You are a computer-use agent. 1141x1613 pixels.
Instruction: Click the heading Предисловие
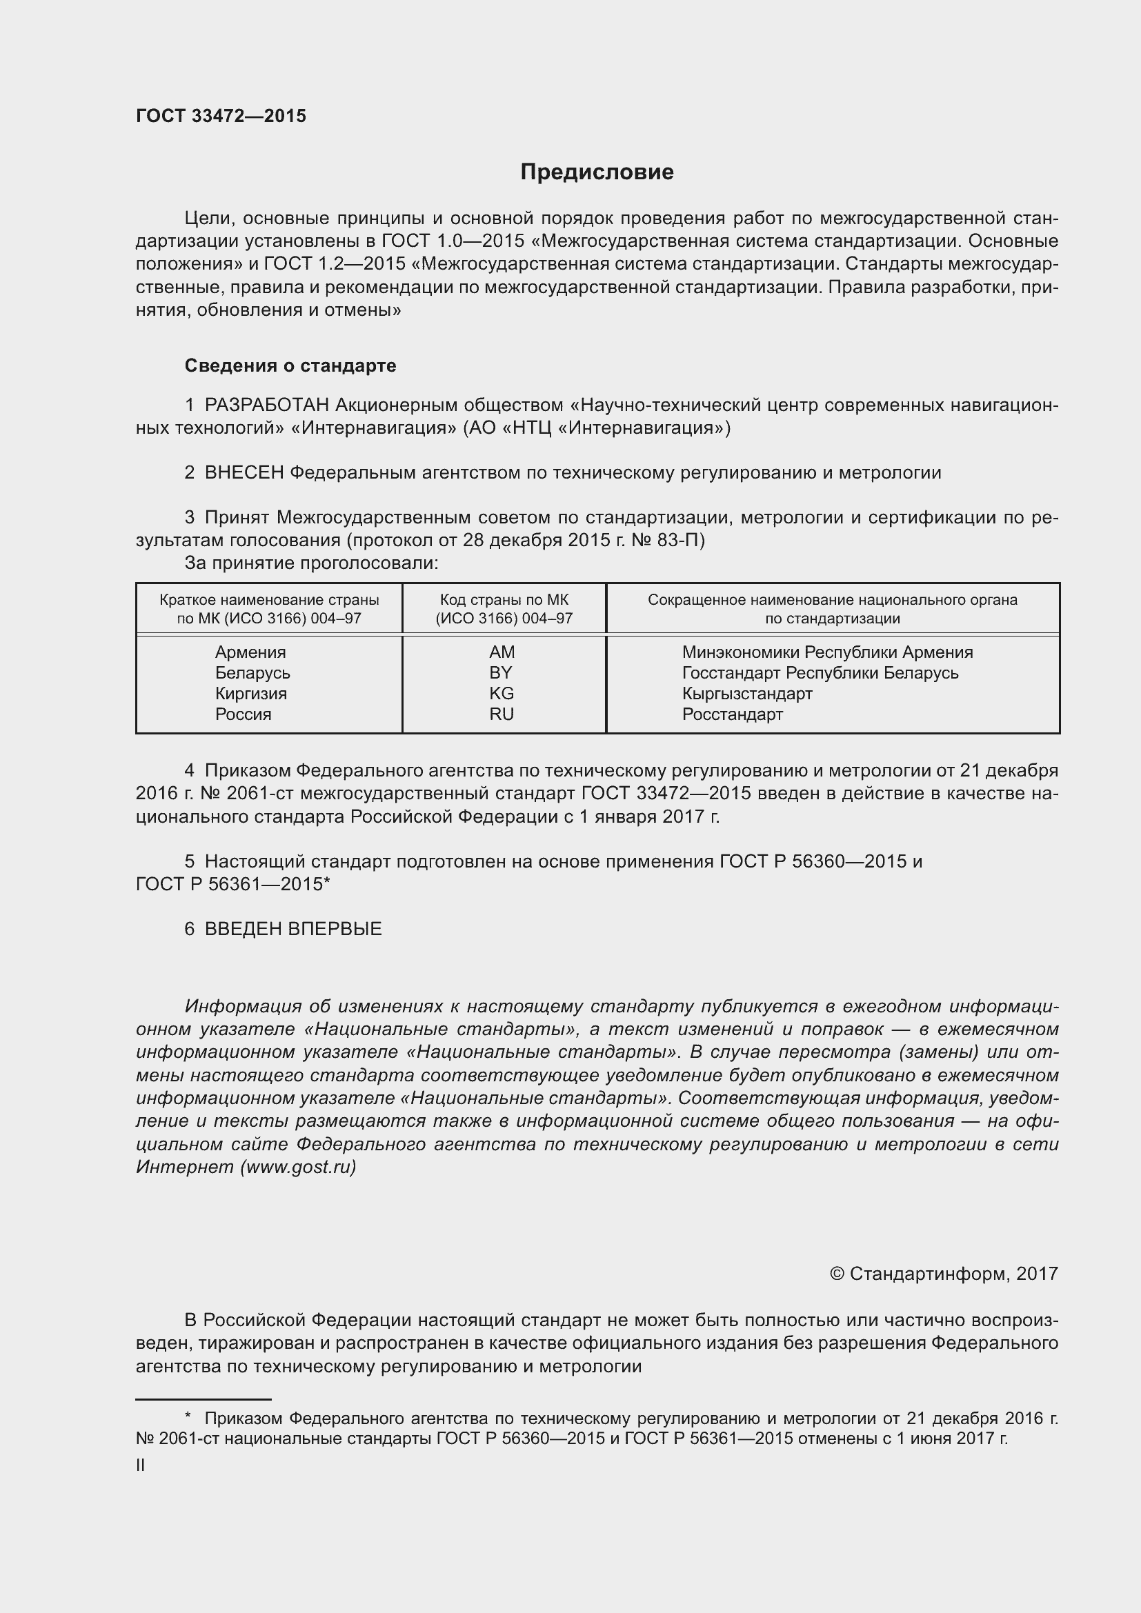597,172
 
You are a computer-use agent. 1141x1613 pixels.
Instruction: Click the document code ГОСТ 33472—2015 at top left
221,117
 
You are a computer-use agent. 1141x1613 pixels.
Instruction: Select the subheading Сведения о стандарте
290,365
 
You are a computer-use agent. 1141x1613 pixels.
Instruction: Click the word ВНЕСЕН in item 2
244,473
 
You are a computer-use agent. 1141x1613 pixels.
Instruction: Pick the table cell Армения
250,652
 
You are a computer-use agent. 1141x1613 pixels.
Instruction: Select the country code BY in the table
501,673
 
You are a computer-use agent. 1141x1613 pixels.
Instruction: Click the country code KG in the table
501,693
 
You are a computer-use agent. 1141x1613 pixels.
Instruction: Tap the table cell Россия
243,714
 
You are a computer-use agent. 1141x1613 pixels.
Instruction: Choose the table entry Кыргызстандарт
747,693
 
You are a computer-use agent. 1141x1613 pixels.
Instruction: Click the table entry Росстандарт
732,714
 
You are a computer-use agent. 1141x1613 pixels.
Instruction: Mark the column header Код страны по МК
504,600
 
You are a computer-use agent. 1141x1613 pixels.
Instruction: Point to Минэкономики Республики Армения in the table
827,652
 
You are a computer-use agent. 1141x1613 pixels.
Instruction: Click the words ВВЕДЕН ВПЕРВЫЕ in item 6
293,929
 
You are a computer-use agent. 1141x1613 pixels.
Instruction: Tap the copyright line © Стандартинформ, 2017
944,1274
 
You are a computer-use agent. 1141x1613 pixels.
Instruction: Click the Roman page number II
141,1465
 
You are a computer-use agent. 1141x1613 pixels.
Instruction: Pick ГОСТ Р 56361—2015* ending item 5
232,884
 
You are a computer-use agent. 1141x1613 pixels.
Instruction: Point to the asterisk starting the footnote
188,1418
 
